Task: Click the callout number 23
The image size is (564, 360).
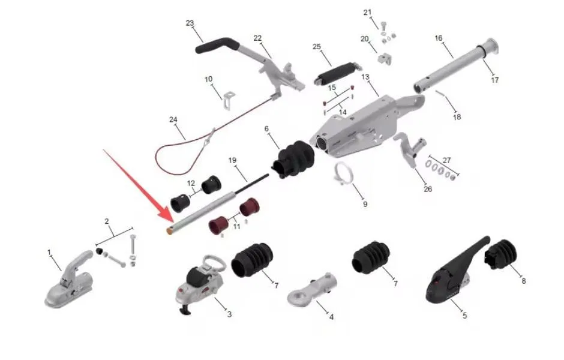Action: click(190, 23)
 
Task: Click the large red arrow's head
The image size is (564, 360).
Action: click(164, 216)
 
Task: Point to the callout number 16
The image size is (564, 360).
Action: click(439, 38)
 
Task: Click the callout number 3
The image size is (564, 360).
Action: click(229, 314)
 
